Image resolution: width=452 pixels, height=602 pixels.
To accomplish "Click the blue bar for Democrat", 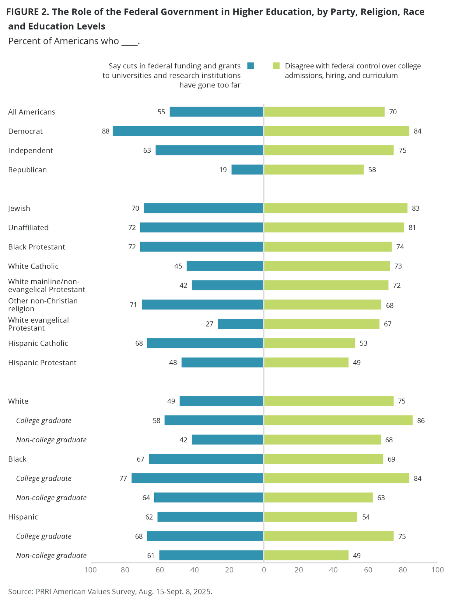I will pos(188,131).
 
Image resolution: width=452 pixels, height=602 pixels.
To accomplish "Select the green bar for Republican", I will pos(314,170).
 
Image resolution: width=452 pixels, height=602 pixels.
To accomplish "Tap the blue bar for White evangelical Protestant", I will pos(240,324).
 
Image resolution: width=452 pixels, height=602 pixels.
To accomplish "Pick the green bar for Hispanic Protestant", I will pos(306,362).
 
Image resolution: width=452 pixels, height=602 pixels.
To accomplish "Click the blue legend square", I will pos(251,66).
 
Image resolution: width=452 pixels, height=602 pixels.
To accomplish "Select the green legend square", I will pos(276,66).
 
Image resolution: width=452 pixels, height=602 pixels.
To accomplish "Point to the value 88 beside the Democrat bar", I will pos(106,131).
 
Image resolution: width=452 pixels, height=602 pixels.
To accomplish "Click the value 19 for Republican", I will pos(223,170).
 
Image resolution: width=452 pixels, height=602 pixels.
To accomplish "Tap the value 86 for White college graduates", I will pos(421,420).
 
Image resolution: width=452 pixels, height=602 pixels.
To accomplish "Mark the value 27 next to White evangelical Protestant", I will pos(209,324).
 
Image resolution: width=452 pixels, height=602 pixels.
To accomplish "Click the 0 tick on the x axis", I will pos(264,570).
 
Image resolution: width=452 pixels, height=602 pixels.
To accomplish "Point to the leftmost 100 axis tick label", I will pos(90,570).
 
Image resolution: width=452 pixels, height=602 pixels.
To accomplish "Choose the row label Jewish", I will pos(19,208).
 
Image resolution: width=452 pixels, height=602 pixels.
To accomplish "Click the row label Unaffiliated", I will pos(28,228).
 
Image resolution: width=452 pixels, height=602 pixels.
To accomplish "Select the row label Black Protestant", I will pos(37,247).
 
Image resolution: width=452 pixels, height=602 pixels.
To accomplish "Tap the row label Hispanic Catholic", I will pos(38,343).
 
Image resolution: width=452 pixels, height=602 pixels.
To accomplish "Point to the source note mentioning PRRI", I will pos(110,591).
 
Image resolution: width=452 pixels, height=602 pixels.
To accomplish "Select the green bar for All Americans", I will pos(324,112).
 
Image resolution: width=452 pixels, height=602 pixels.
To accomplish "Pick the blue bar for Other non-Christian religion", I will pos(202,305).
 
